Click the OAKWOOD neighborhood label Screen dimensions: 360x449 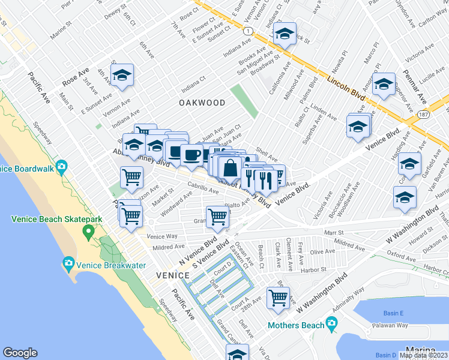click(202, 103)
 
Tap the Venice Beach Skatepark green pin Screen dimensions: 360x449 click(89, 231)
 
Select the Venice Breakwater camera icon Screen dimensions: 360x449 click(68, 263)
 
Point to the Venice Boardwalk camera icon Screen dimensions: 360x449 click(61, 166)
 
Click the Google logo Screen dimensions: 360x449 click(20, 353)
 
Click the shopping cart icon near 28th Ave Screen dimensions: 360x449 click(278, 297)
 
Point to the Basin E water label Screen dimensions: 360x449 click(394, 313)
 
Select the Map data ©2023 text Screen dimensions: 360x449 click(424, 355)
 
